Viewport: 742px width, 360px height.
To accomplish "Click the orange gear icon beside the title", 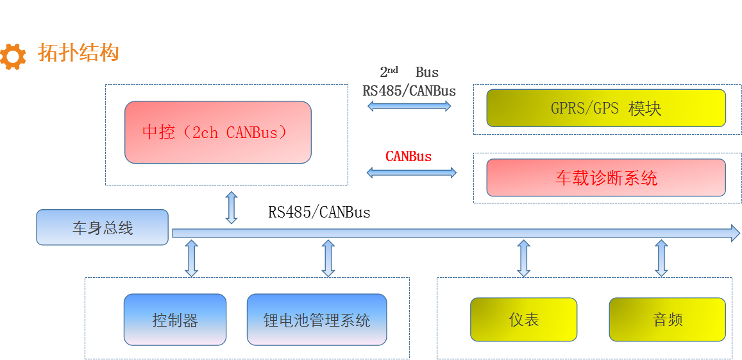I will [13, 56].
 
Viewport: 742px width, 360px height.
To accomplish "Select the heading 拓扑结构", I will [78, 53].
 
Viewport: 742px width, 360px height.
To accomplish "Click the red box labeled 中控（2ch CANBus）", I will [217, 132].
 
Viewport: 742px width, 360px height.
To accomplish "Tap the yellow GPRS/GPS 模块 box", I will [605, 108].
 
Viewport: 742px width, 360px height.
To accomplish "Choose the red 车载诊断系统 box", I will [605, 178].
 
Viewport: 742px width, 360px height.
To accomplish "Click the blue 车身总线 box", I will [102, 228].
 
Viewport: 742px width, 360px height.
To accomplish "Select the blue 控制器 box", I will [174, 320].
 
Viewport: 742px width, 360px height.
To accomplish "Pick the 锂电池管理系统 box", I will [316, 320].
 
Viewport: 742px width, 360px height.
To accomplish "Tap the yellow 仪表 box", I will [523, 320].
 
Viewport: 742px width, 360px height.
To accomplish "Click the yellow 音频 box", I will [667, 320].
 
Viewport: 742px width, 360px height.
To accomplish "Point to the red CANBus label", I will [409, 156].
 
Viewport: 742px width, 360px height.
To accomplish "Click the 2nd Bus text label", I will [409, 72].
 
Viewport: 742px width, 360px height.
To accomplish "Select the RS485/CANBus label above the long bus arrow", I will [319, 212].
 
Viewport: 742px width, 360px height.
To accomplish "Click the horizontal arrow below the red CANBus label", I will [411, 172].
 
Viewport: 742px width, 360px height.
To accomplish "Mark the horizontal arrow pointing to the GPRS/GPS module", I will [409, 106].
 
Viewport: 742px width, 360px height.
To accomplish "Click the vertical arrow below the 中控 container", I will [232, 207].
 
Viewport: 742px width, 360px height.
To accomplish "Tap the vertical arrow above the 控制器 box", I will [191, 258].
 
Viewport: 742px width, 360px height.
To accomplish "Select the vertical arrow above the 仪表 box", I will [523, 258].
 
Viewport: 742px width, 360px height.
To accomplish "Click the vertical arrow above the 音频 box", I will [661, 258].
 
